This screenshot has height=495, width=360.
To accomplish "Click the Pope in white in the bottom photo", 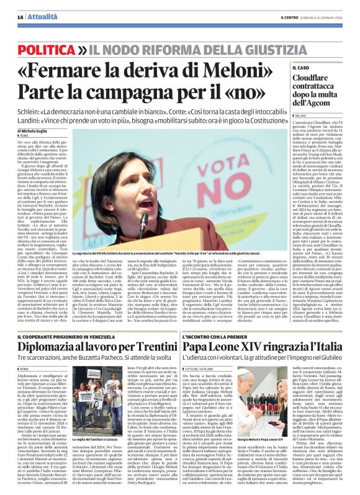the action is tap(278, 397).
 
